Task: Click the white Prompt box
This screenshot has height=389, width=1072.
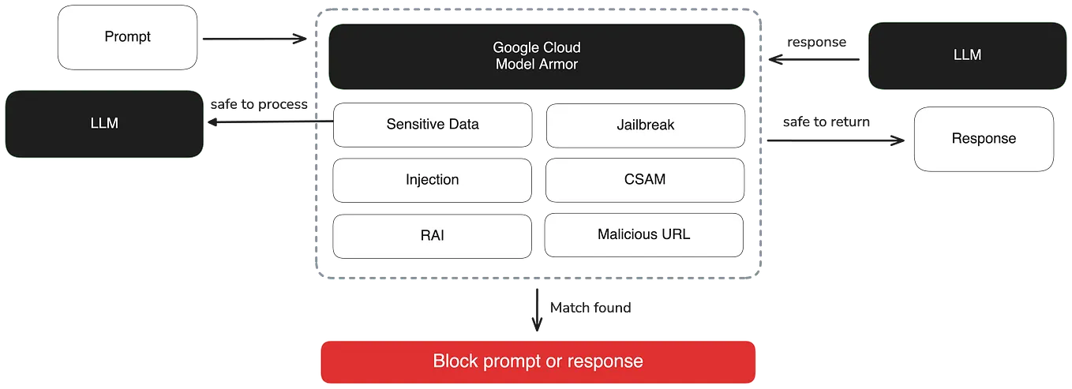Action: click(x=127, y=37)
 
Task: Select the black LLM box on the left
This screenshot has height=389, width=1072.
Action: click(x=104, y=124)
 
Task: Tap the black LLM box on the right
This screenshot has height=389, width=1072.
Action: click(x=967, y=54)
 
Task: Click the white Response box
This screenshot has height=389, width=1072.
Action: click(x=984, y=139)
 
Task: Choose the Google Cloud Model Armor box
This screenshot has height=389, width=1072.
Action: click(x=536, y=56)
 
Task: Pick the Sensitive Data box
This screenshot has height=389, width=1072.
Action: click(x=432, y=125)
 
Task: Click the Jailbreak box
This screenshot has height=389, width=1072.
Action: click(x=645, y=125)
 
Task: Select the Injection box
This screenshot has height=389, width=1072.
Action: click(x=432, y=180)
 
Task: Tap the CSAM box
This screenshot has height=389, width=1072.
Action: click(x=645, y=180)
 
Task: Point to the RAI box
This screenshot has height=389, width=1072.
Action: click(x=432, y=235)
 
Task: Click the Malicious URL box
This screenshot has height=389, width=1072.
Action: click(x=645, y=235)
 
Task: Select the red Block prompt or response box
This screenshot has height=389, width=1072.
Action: click(x=538, y=362)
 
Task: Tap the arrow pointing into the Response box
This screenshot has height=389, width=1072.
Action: click(x=837, y=140)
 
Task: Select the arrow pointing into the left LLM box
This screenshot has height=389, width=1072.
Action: click(x=268, y=122)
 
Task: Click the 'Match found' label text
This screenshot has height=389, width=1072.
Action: click(x=590, y=308)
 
